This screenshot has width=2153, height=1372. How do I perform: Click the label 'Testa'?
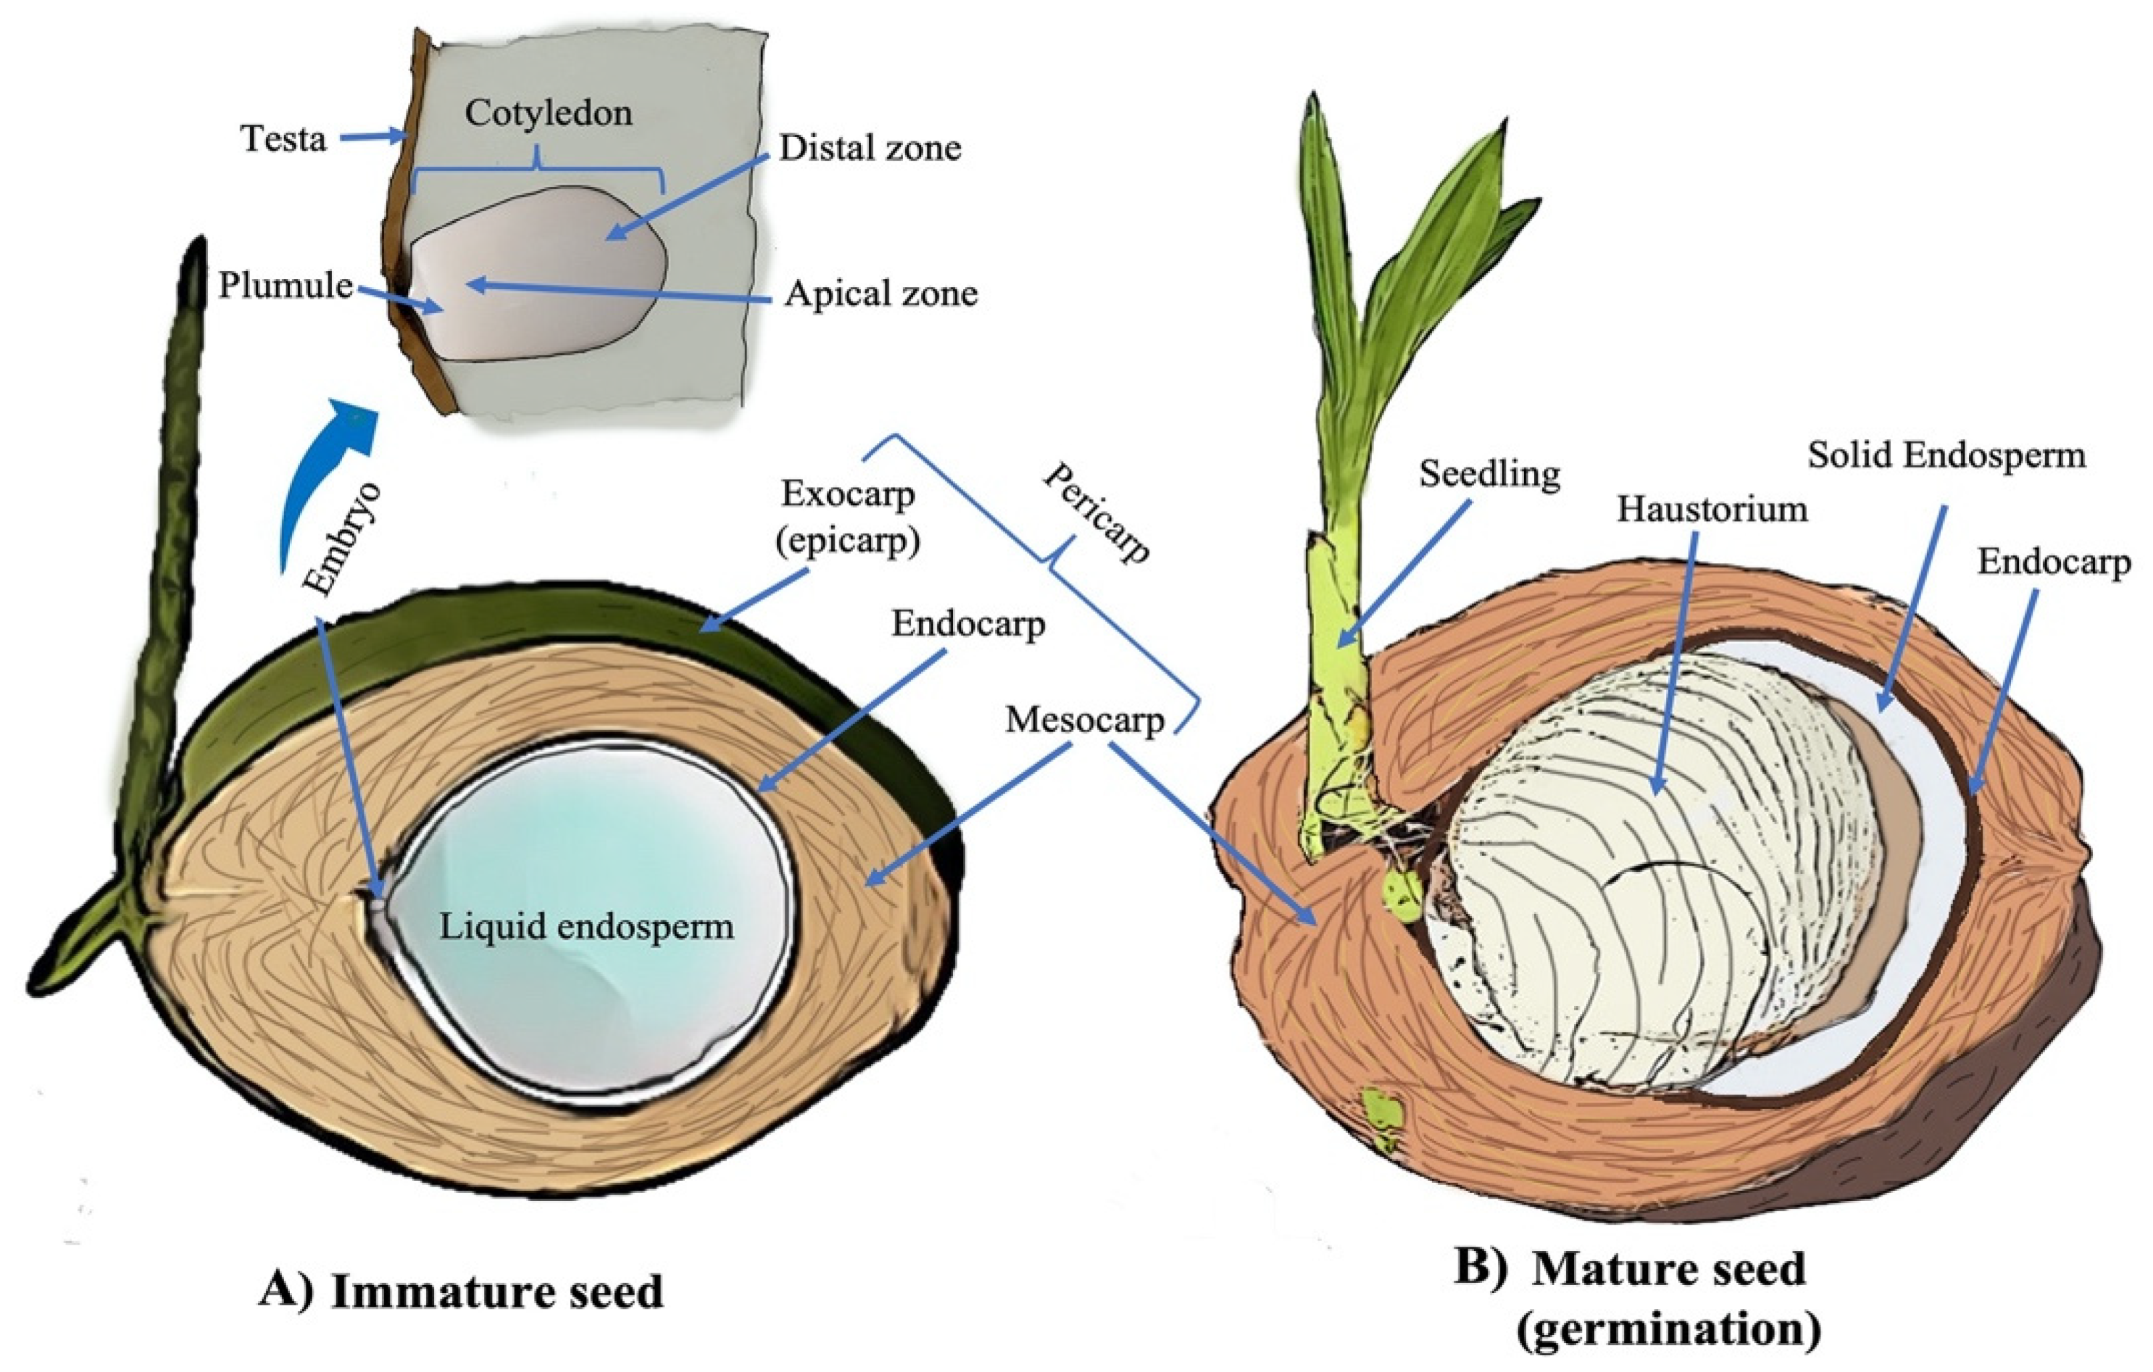pyautogui.click(x=284, y=139)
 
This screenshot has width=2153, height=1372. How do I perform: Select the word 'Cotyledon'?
pyautogui.click(x=548, y=113)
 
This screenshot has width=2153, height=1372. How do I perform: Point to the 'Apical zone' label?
pyautogui.click(x=881, y=293)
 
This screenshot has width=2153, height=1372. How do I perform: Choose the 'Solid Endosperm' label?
pyautogui.click(x=1946, y=455)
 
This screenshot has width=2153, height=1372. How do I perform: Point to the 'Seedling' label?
pyautogui.click(x=1489, y=473)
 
